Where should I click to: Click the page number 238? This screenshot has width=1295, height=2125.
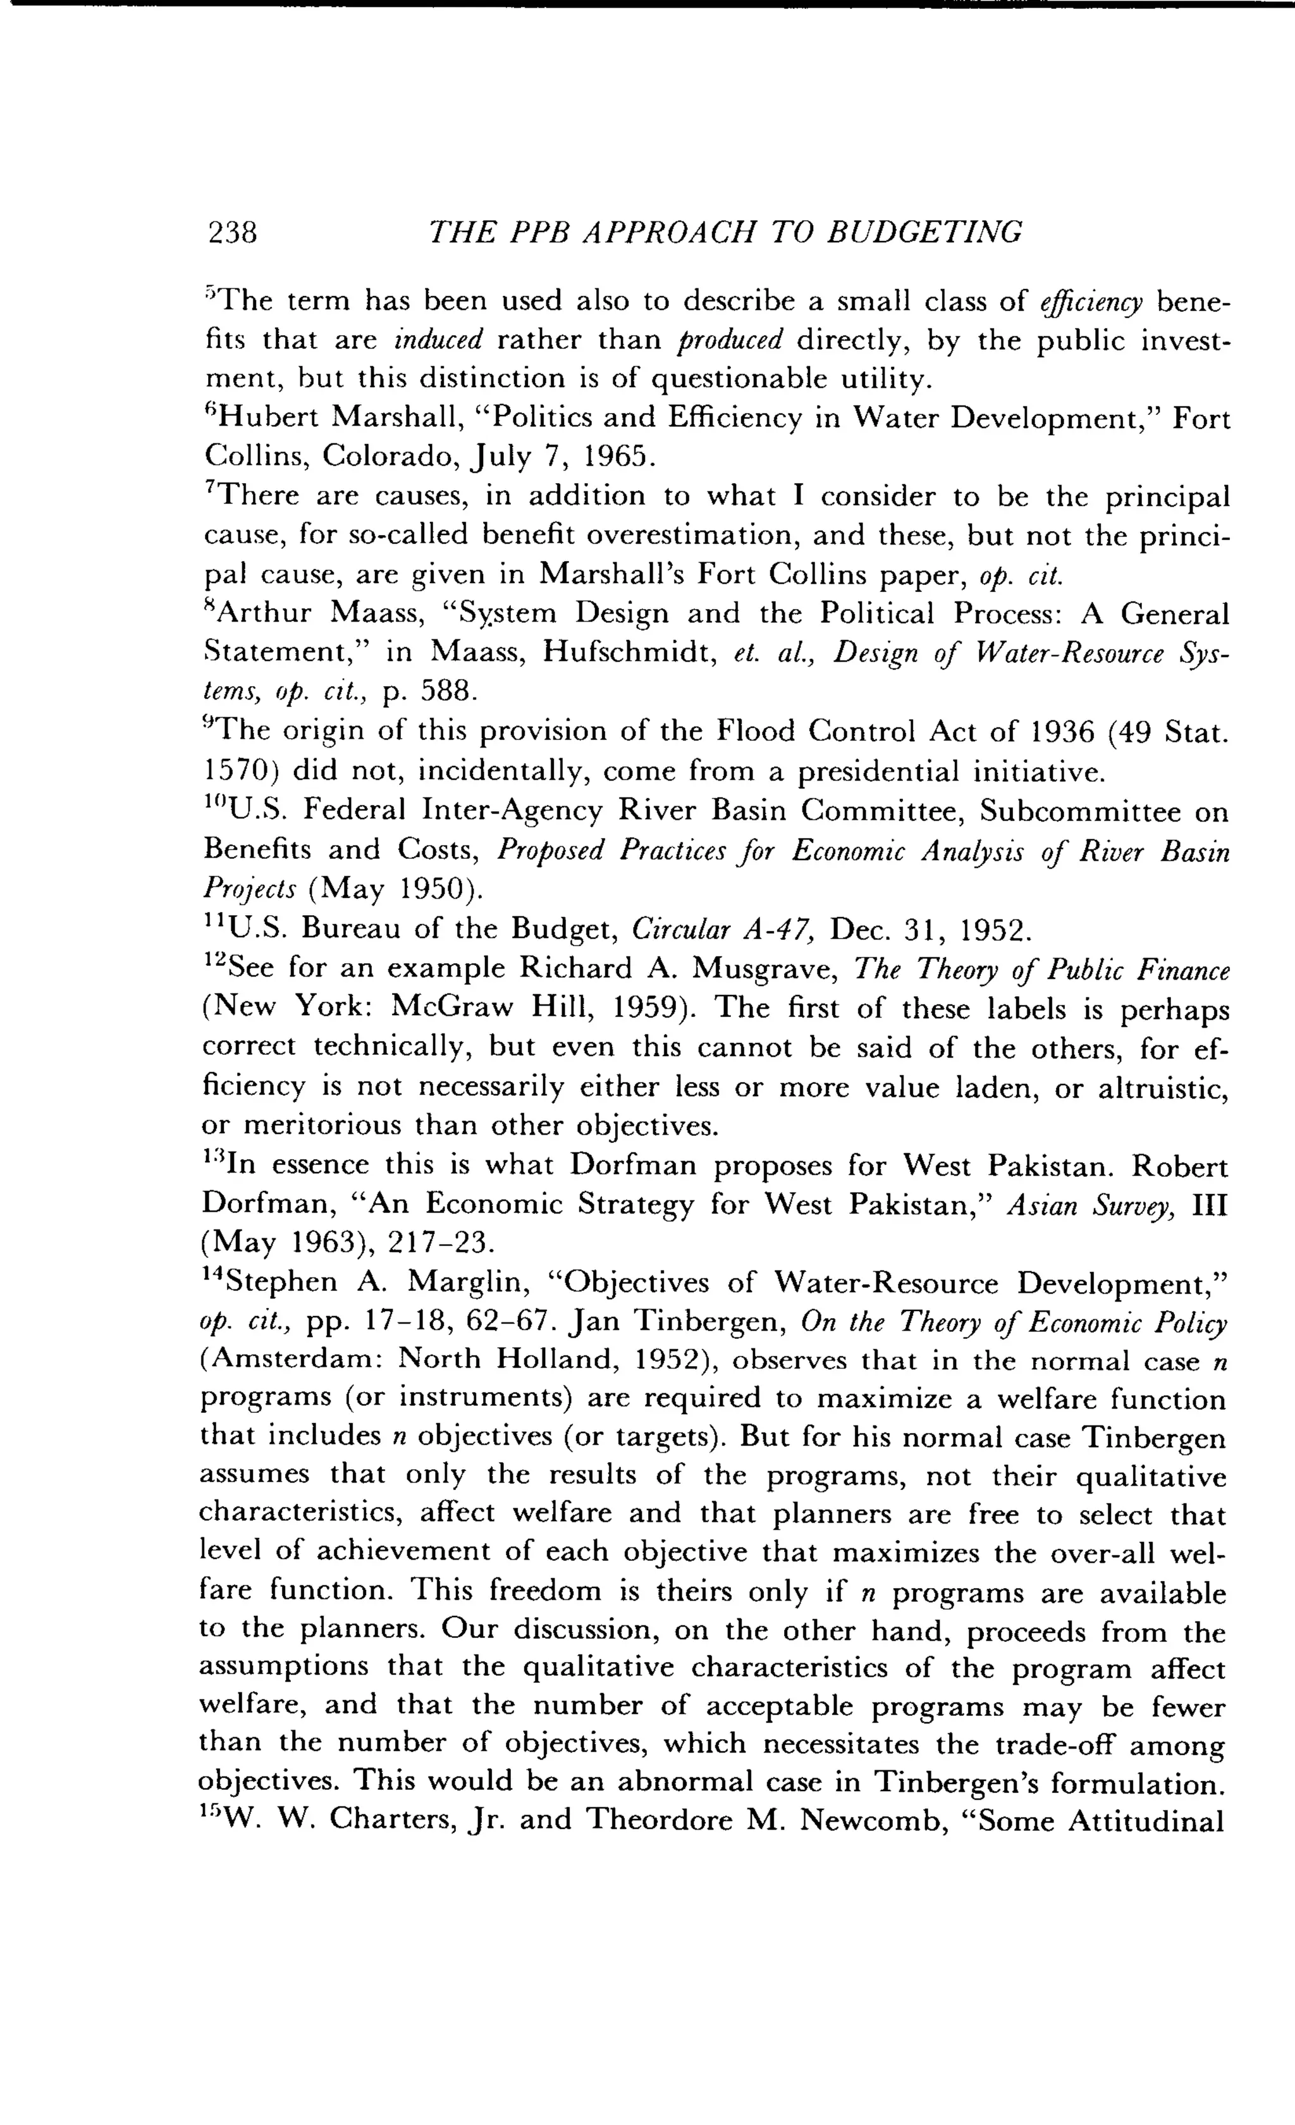[233, 232]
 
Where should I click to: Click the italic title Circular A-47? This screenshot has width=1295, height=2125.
[723, 930]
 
